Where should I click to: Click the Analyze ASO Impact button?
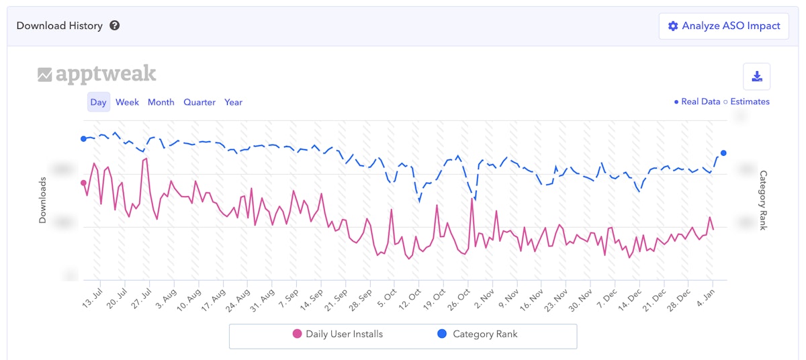click(x=723, y=26)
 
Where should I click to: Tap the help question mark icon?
click(x=115, y=26)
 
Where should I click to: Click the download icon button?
click(x=756, y=77)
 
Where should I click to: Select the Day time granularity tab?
click(x=98, y=102)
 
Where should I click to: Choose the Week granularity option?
click(x=127, y=102)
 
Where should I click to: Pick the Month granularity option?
click(x=161, y=102)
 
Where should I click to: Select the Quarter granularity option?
click(x=199, y=102)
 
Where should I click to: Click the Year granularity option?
click(x=233, y=102)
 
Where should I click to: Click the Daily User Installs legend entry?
click(x=338, y=334)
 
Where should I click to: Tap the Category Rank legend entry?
click(x=479, y=334)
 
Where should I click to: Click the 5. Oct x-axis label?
click(x=387, y=298)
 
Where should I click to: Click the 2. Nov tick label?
click(x=484, y=298)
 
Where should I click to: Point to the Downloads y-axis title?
click(x=42, y=200)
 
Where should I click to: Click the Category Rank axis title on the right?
click(x=763, y=200)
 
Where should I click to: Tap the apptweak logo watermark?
click(x=97, y=74)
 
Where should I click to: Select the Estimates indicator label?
click(x=749, y=102)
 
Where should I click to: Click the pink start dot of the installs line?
click(x=84, y=183)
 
